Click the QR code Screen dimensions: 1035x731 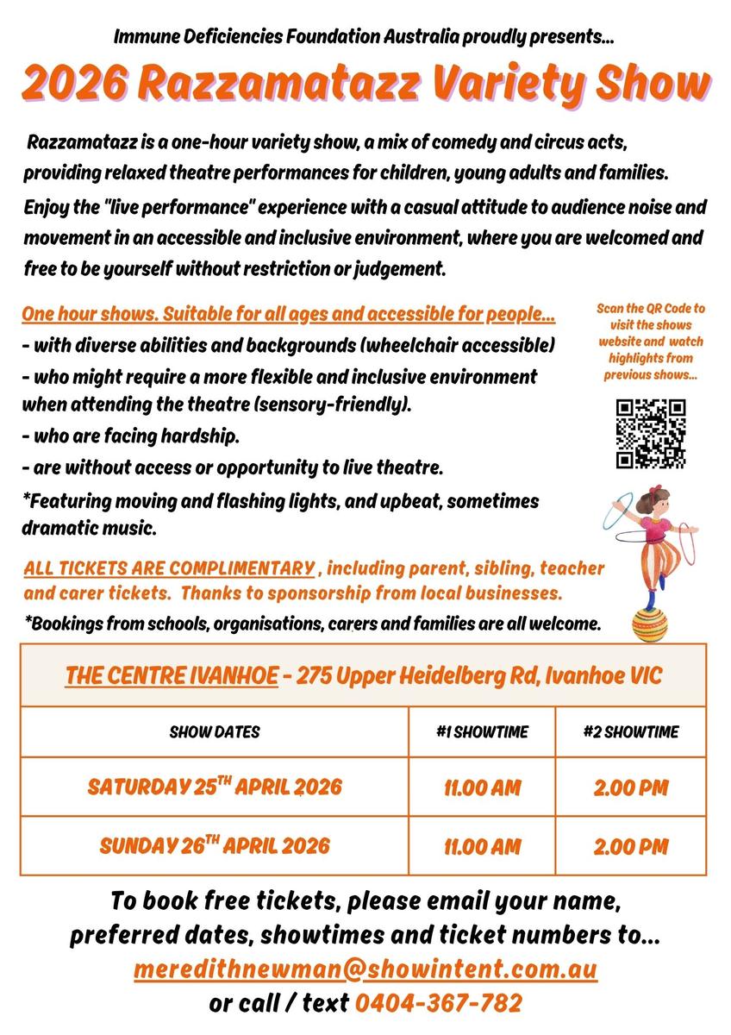pos(651,434)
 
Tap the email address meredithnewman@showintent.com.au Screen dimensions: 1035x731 pos(365,969)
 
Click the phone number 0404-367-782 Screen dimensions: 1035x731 pos(439,1003)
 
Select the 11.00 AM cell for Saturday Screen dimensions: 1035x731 pos(482,787)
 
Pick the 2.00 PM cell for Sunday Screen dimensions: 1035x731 pos(630,846)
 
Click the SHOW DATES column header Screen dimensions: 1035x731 pos(215,732)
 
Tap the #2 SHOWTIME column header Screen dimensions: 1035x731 pos(630,732)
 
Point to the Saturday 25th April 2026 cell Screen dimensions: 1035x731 pos(215,787)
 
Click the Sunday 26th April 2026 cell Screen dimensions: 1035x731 pos(215,845)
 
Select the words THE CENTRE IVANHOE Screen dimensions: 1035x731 pos(172,675)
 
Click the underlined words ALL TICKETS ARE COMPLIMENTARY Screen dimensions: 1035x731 pos(169,569)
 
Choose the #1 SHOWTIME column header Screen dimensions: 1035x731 pos(482,732)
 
